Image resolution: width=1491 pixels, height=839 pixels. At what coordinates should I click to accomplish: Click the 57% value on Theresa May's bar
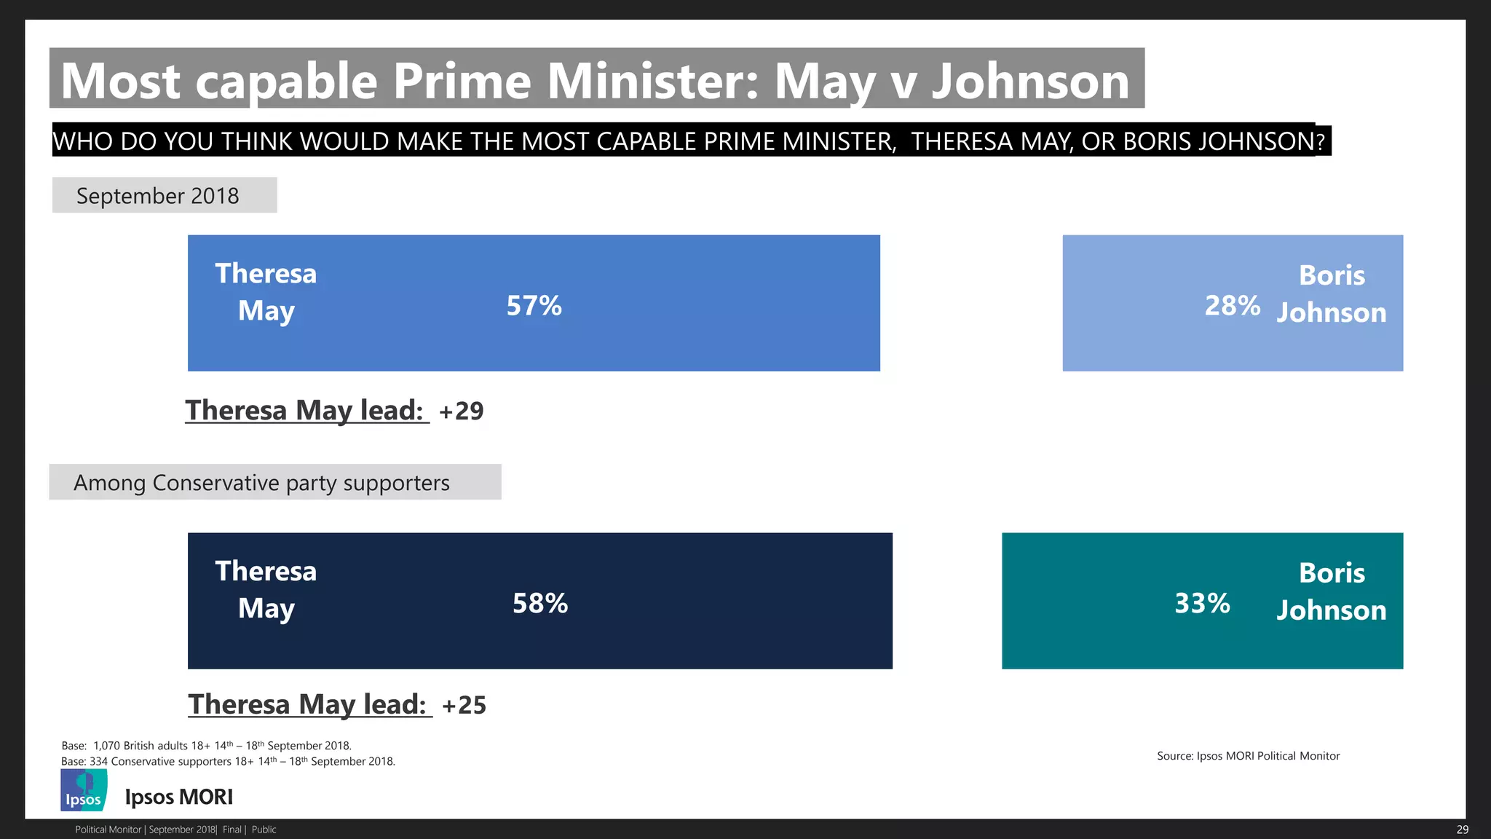point(534,306)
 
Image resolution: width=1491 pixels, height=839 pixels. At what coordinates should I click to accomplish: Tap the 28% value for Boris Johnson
point(1232,306)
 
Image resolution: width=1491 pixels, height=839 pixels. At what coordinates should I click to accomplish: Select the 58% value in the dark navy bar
point(539,603)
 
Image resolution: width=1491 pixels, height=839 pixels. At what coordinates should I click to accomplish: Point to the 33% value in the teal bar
point(1202,603)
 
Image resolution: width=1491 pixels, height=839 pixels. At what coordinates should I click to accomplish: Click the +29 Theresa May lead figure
point(462,411)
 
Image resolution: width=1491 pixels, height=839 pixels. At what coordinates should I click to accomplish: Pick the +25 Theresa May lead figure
point(464,705)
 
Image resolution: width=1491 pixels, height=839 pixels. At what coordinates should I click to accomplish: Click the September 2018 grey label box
point(165,195)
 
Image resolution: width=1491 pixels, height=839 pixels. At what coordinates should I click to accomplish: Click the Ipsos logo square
point(84,791)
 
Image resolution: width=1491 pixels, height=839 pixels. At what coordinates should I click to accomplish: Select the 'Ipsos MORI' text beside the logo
point(179,797)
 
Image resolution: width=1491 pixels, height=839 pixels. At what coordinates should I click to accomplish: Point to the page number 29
point(1462,830)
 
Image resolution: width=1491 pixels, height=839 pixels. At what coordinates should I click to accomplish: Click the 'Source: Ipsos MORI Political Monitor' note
point(1248,756)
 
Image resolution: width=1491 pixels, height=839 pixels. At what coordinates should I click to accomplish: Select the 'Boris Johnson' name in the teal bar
point(1332,591)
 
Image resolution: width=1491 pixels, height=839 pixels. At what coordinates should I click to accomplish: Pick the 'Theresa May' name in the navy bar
point(266,590)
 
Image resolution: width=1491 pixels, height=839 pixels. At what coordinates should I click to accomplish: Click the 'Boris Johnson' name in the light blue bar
point(1332,294)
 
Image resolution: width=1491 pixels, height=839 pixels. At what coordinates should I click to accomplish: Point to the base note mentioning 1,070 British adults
point(206,746)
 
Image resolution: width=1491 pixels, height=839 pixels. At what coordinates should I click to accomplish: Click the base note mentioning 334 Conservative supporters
point(228,762)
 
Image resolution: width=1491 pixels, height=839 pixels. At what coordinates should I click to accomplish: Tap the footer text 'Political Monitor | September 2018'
point(146,830)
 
